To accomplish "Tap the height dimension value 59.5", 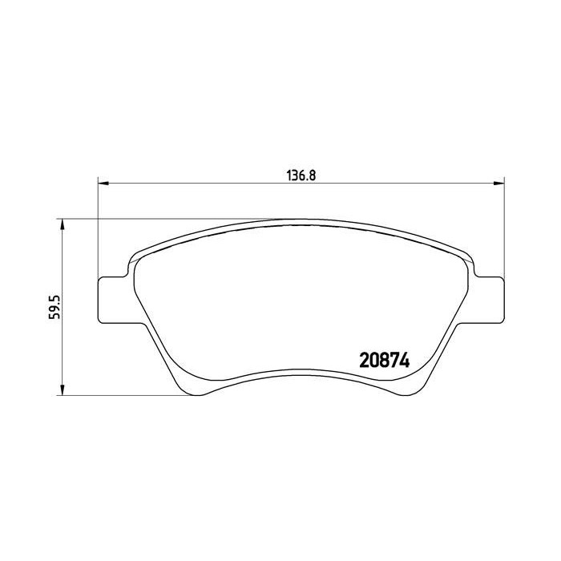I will [x=54, y=306].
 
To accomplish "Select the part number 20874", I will [x=382, y=361].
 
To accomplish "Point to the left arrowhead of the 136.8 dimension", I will [x=103, y=184].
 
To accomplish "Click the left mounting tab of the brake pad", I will [x=111, y=300].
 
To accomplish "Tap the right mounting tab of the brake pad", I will [x=490, y=300].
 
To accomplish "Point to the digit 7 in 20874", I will [x=394, y=361].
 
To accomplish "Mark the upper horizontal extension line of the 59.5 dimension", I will [x=160, y=219].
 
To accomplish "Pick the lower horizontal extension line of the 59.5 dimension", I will [x=120, y=395].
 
